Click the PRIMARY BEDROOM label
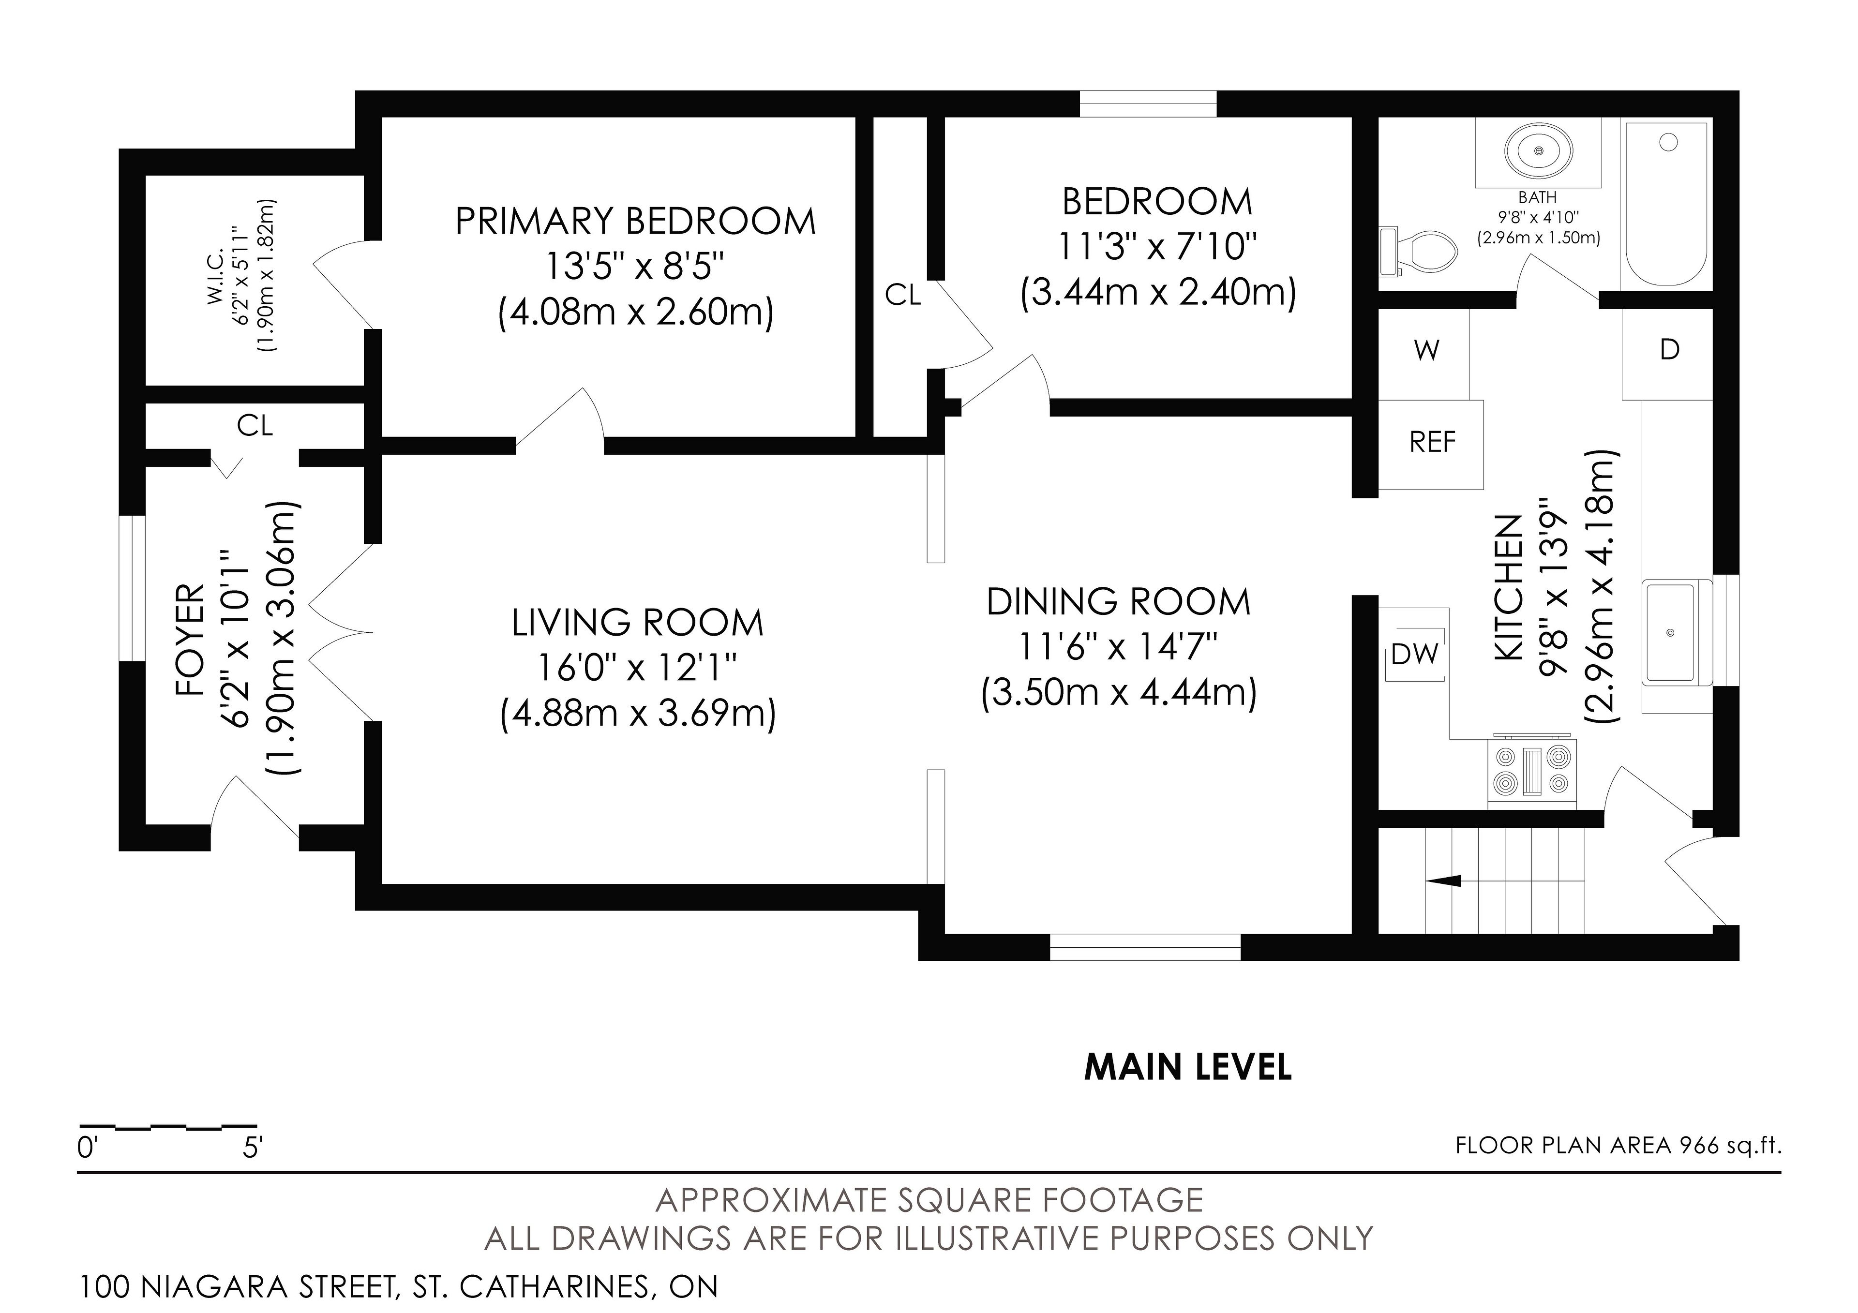tap(635, 222)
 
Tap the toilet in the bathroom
tap(1417, 251)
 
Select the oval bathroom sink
tap(1539, 151)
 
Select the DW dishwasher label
tap(1414, 654)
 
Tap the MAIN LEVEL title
tap(1187, 1068)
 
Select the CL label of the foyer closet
tap(255, 426)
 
